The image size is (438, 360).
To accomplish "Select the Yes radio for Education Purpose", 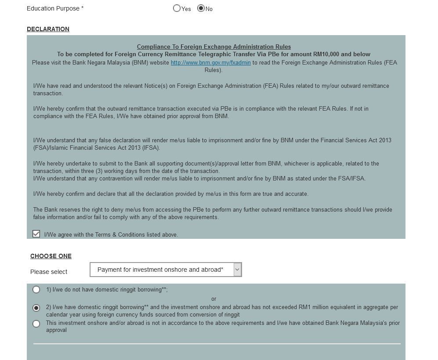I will coord(177,8).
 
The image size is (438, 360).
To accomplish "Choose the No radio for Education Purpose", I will coord(201,8).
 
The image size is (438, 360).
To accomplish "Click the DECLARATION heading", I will coord(48,29).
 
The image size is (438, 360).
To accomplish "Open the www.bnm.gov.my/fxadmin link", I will coord(210,63).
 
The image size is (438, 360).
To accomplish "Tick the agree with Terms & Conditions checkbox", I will coord(36,234).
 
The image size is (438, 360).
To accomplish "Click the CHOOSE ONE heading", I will coord(51,256).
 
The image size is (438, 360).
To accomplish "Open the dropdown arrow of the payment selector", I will coord(237,270).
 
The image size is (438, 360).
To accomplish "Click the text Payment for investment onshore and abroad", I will coord(160,270).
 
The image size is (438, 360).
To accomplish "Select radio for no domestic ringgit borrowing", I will coord(36,290).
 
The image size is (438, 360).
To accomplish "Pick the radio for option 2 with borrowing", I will coord(36,308).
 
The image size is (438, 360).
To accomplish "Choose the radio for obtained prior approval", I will coord(36,324).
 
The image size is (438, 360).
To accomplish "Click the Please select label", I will coord(49,272).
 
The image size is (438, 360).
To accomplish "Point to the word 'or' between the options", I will coord(214,299).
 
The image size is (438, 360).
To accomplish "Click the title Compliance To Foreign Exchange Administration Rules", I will coord(214,47).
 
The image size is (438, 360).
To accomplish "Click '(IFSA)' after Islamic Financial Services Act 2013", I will coord(151,148).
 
